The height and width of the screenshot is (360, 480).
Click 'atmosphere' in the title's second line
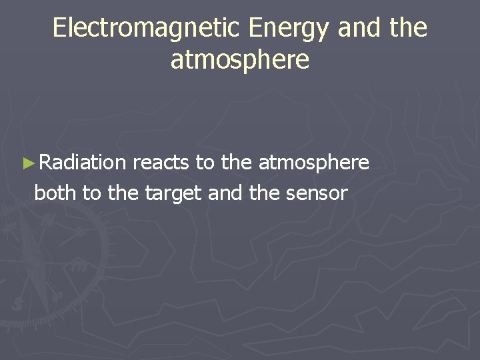pyautogui.click(x=240, y=60)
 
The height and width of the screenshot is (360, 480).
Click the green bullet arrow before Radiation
pyautogui.click(x=27, y=162)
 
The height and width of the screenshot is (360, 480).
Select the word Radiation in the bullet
pyautogui.click(x=82, y=162)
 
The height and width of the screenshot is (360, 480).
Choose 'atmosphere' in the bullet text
pyautogui.click(x=313, y=163)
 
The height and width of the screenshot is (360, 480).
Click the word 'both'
pyautogui.click(x=55, y=193)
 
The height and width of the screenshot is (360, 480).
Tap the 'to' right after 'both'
pyautogui.click(x=91, y=193)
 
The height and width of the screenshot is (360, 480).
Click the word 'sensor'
pyautogui.click(x=317, y=194)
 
